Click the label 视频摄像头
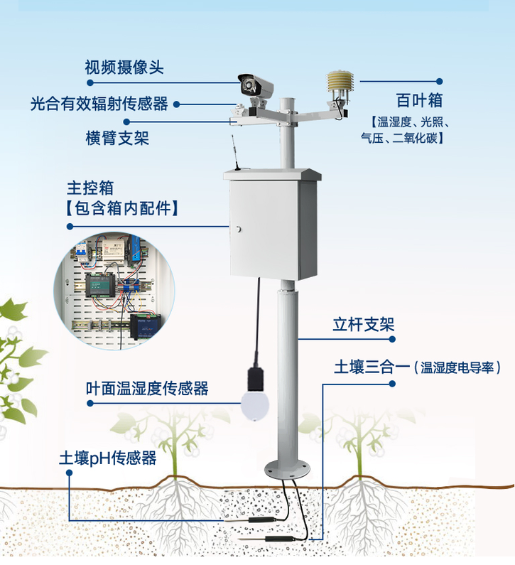[x=124, y=68]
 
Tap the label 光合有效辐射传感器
[x=99, y=104]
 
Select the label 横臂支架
[x=116, y=137]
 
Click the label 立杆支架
[x=363, y=325]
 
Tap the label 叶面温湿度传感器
[x=147, y=389]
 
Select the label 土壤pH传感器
[x=107, y=458]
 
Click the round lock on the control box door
[x=239, y=229]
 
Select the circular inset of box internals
[x=114, y=288]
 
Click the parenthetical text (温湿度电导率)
[x=460, y=367]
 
